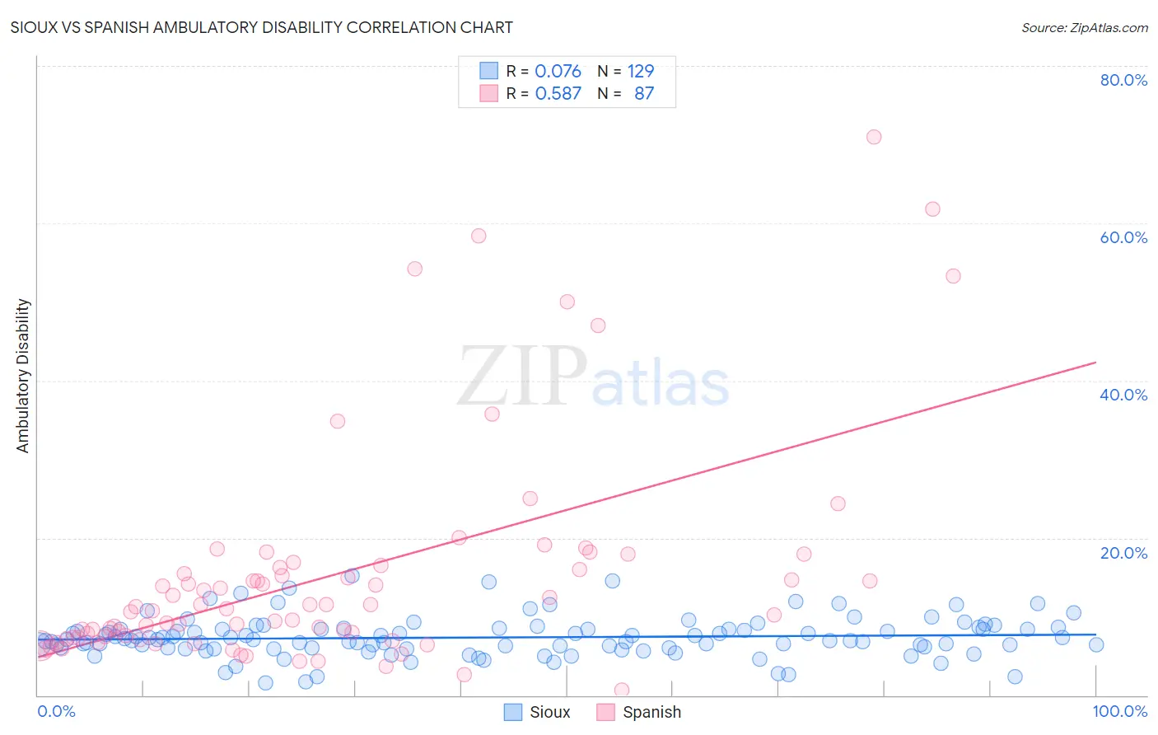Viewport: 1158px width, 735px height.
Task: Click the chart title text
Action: point(261,27)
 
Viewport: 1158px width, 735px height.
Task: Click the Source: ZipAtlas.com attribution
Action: point(1084,27)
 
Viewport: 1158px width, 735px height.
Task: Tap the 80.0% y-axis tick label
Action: point(1123,80)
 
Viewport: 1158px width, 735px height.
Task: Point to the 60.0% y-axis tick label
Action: point(1123,237)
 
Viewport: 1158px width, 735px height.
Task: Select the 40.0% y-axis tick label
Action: point(1123,395)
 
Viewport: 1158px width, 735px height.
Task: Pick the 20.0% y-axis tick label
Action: point(1123,553)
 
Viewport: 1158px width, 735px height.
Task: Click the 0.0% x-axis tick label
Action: point(56,711)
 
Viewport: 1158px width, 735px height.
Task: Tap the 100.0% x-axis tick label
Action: point(1119,711)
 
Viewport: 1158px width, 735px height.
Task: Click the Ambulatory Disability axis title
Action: point(23,376)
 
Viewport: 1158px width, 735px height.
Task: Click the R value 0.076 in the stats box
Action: point(558,71)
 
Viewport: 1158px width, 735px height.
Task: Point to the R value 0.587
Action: point(558,93)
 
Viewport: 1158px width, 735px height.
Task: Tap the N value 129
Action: point(641,71)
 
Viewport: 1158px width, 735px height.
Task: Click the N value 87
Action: point(644,93)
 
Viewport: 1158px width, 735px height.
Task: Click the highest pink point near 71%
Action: point(874,137)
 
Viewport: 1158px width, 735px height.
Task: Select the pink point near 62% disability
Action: point(932,209)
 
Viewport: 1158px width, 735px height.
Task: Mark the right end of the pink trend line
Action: point(1095,363)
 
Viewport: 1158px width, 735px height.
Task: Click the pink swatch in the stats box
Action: point(489,93)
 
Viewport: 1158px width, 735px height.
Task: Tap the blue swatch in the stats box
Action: point(489,71)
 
